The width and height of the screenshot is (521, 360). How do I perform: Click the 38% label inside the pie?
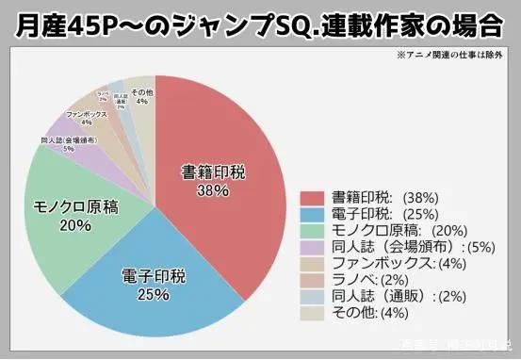214,190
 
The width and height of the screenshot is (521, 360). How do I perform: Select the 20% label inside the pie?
74,226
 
